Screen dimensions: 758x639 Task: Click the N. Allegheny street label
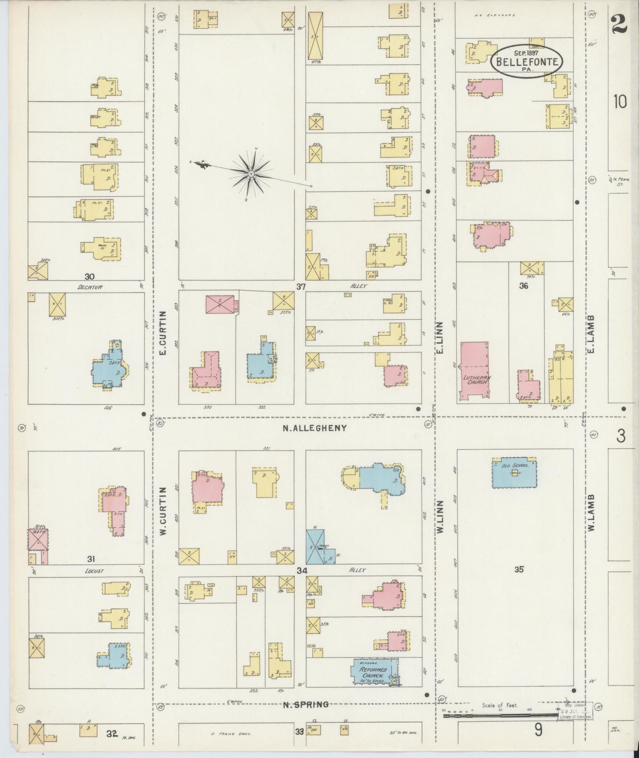[x=314, y=428]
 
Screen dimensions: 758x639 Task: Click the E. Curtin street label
[x=162, y=333]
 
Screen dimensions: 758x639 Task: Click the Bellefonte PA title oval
[x=526, y=62]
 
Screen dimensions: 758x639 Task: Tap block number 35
[x=519, y=570]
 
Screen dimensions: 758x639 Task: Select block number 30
[x=90, y=277]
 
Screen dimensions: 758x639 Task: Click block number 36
[x=524, y=286]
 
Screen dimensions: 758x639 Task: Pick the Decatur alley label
[x=90, y=287]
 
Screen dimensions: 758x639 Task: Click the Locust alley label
[x=94, y=571]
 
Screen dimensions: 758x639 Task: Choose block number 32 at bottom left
[x=111, y=734]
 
